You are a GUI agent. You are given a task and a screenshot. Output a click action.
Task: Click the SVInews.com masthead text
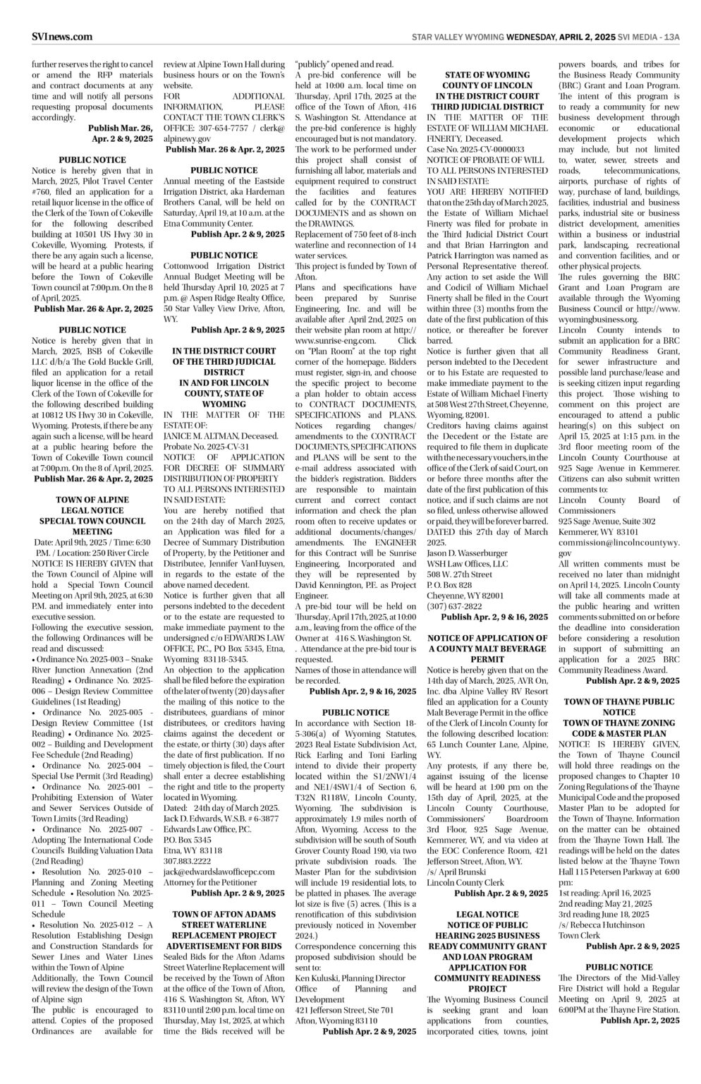[x=62, y=37]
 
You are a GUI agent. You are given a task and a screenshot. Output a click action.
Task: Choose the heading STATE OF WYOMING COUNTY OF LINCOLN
[x=487, y=80]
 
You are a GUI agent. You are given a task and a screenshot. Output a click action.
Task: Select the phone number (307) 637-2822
[x=454, y=606]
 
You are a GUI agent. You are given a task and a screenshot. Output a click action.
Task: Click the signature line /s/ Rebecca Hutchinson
[x=602, y=924]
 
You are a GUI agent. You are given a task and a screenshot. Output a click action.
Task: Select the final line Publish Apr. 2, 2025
[x=640, y=1020]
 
